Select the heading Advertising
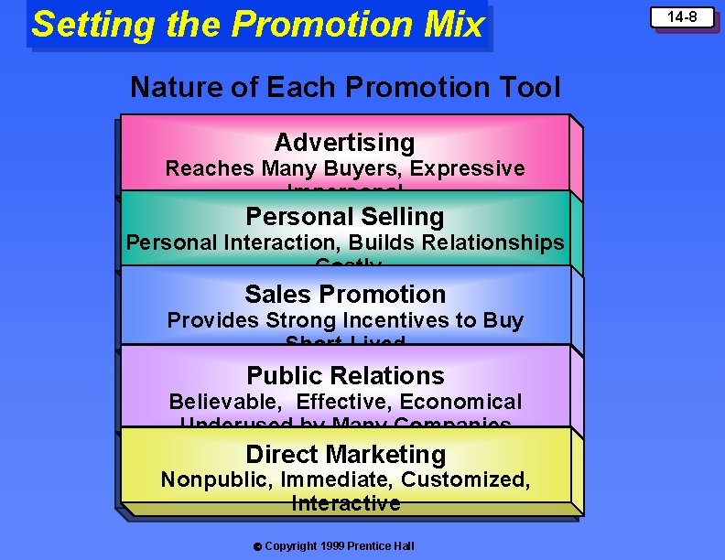coord(344,143)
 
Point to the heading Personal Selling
coord(345,217)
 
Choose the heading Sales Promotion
coord(345,295)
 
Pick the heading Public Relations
coord(345,376)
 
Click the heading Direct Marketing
coord(345,455)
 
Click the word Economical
coord(468,402)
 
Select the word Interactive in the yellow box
coord(345,503)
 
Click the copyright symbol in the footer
coord(257,546)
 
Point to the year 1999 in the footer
coord(333,546)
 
